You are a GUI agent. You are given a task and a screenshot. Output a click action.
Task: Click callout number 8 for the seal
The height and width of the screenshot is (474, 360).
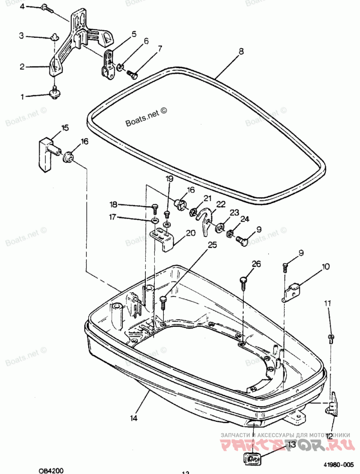click(x=241, y=52)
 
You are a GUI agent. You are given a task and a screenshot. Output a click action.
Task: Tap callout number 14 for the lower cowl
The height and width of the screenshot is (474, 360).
click(x=134, y=418)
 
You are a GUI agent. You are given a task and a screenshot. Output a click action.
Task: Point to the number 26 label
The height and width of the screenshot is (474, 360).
click(x=256, y=264)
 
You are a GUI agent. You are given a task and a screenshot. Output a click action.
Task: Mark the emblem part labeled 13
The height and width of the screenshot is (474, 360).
click(x=252, y=460)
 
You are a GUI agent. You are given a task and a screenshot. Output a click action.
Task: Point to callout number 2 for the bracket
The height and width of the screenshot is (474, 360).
click(x=22, y=67)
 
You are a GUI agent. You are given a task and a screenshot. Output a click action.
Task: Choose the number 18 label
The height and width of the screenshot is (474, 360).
click(x=113, y=204)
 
